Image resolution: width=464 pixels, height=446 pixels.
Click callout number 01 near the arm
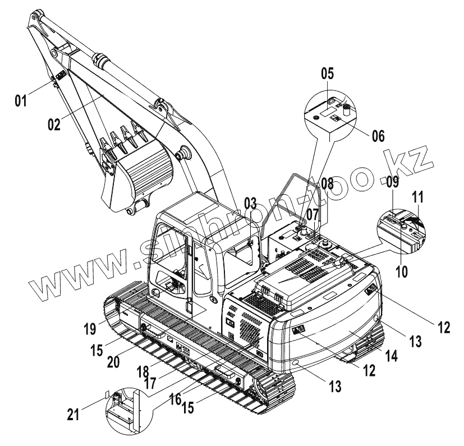click(21, 101)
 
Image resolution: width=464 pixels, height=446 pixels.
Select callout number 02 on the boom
click(53, 124)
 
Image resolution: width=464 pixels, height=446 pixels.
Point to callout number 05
click(327, 72)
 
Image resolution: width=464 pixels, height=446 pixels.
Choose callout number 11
click(419, 197)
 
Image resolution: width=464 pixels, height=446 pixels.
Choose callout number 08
click(327, 183)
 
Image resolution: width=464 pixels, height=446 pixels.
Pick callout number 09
click(393, 181)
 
